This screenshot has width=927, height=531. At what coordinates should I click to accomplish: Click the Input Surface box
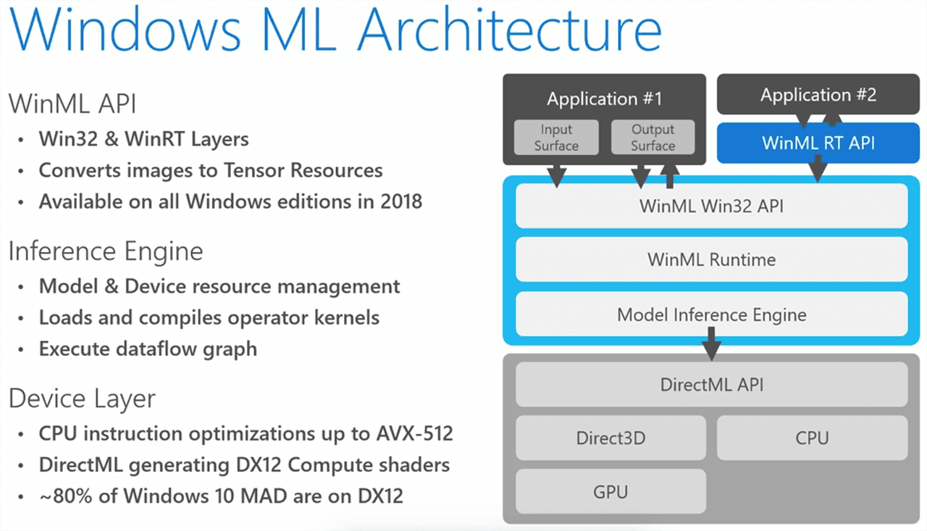(556, 137)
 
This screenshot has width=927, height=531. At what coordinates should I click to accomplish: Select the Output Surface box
(653, 137)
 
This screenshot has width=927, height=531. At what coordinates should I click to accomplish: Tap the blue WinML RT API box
(818, 142)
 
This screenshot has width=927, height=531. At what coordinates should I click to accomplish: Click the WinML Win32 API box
(711, 206)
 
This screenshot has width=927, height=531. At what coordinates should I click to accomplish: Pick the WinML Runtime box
(711, 259)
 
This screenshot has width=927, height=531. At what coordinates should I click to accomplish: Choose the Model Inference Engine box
(711, 314)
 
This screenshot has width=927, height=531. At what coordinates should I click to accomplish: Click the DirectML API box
(711, 384)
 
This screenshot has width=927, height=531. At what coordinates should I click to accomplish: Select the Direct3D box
(611, 438)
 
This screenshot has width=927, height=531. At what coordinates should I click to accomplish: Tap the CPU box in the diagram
(812, 438)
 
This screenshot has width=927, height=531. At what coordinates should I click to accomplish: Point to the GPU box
(611, 492)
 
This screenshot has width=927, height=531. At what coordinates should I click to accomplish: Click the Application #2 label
(818, 95)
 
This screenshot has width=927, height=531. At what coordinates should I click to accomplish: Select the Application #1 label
(604, 99)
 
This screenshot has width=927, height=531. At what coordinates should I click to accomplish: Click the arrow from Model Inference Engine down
(711, 344)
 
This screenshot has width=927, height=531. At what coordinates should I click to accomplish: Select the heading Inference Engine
(106, 251)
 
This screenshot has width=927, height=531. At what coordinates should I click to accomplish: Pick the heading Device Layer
(82, 398)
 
